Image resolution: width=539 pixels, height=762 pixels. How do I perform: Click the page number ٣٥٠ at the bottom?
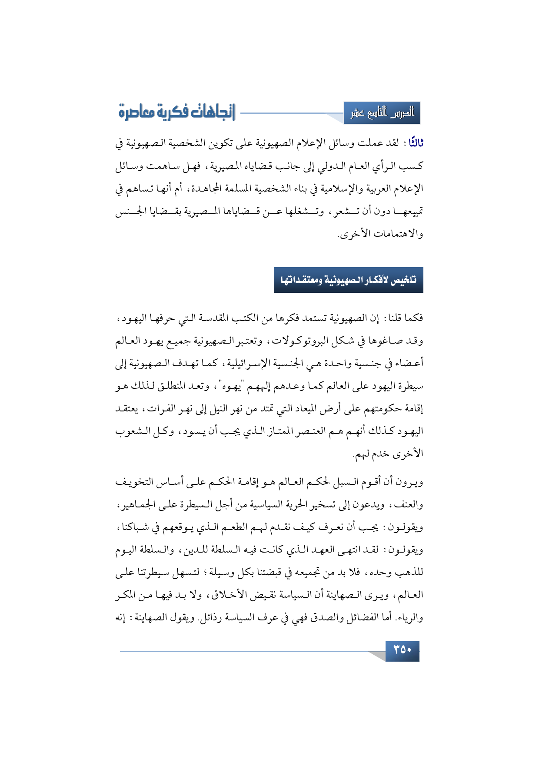(402, 650)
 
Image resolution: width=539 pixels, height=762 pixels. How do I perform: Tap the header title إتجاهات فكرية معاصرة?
(176, 112)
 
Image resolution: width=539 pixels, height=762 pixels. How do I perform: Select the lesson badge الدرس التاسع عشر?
(382, 113)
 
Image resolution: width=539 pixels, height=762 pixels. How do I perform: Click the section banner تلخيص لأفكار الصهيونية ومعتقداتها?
(349, 280)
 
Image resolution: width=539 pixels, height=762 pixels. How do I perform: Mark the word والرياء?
(410, 617)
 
